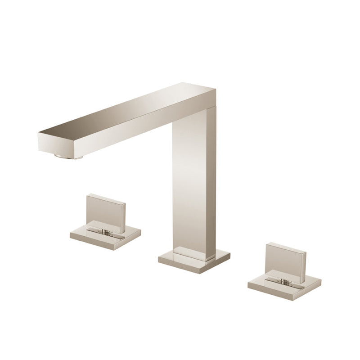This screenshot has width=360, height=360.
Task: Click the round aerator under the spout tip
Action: point(69,156)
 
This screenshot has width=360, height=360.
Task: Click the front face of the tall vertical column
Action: point(189,184)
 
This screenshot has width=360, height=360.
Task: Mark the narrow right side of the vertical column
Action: point(211,180)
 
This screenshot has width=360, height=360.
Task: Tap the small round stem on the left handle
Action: point(105,232)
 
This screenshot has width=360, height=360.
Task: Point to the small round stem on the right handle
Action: point(284,282)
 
